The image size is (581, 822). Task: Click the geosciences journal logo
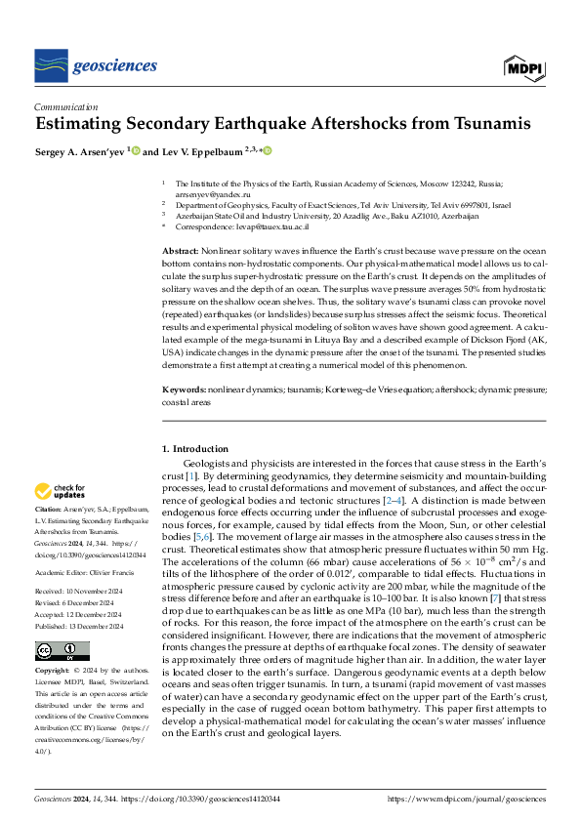[x=96, y=65]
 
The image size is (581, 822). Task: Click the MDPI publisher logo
[x=523, y=66]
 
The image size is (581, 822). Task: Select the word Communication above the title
[x=65, y=107]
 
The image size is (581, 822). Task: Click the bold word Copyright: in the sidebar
[x=53, y=673]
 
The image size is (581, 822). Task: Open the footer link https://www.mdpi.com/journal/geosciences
[x=467, y=799]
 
